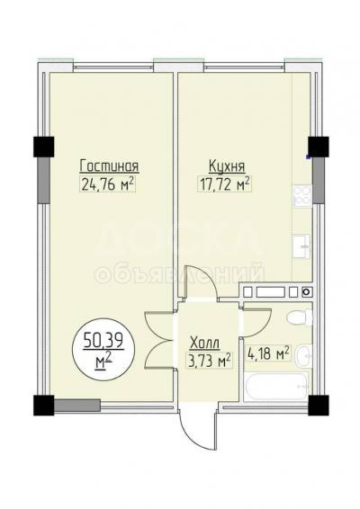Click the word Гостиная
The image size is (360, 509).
108,165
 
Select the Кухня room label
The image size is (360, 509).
226,165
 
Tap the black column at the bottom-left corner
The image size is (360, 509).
42,406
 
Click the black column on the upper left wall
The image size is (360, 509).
42,147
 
